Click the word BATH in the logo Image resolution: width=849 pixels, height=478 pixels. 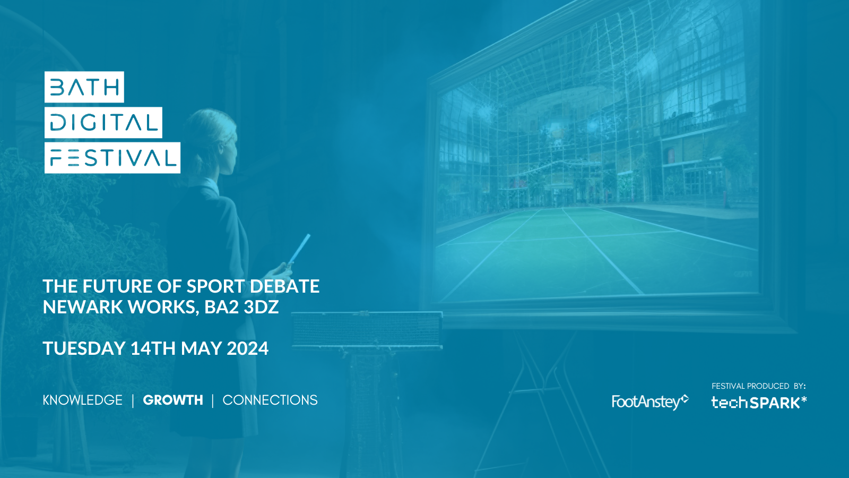pos(84,87)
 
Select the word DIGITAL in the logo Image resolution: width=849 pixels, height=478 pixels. pos(103,123)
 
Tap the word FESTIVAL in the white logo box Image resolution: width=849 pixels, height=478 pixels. pos(112,158)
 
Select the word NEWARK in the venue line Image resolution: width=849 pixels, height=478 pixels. pos(83,307)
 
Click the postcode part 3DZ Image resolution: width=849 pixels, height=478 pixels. pos(261,307)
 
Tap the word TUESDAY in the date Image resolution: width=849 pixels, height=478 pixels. pos(84,348)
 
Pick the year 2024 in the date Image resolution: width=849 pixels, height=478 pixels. pos(247,348)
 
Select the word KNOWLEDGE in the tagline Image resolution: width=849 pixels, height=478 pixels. pos(83,400)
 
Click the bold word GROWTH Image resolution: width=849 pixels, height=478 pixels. pos(173,400)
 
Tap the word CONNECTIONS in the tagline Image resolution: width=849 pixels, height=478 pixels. pos(270,400)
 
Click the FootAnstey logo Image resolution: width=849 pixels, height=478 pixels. pos(649,402)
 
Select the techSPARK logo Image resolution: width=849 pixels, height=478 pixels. pos(759,402)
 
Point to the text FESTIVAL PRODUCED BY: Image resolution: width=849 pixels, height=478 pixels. pos(758,386)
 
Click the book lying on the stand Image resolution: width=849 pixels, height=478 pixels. pos(367,329)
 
